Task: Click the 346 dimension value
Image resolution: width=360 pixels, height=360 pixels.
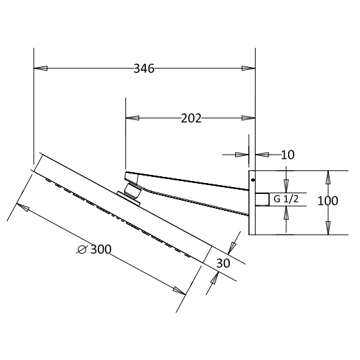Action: [144, 68]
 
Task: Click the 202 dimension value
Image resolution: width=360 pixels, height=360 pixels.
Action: [191, 118]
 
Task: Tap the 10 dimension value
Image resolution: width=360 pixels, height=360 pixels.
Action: [287, 155]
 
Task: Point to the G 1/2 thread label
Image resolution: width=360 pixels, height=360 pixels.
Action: [286, 199]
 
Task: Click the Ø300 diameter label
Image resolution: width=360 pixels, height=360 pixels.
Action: [94, 249]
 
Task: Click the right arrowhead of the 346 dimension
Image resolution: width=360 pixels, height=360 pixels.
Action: [248, 68]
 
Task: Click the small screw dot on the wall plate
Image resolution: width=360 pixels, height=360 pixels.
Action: [253, 180]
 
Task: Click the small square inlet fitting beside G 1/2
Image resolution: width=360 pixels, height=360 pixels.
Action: [262, 199]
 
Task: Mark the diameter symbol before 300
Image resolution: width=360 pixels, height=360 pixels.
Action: [82, 249]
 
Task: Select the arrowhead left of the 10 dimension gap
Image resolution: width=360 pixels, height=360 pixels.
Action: [241, 155]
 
